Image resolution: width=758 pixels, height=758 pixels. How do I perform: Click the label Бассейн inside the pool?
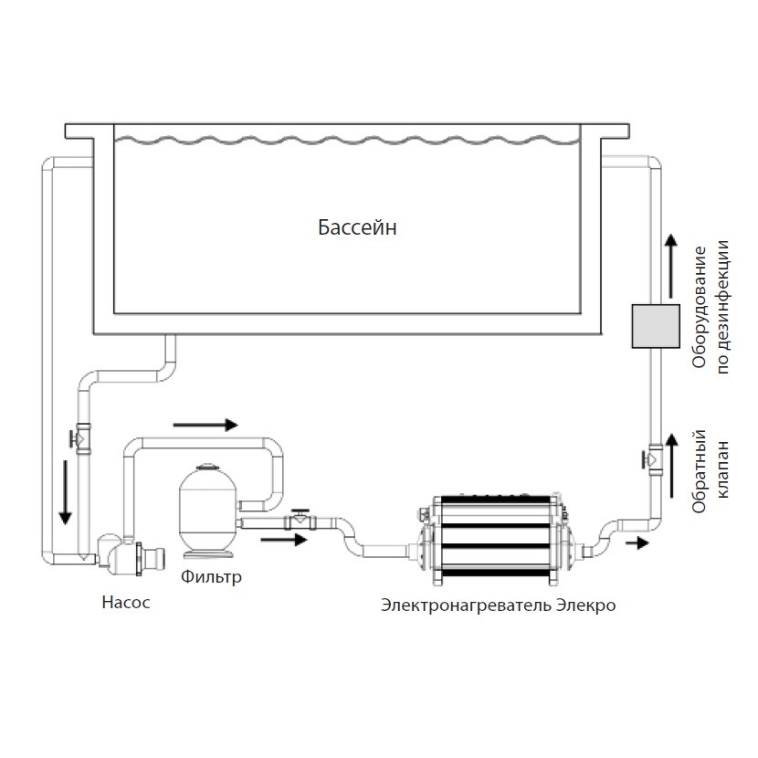tap(357, 227)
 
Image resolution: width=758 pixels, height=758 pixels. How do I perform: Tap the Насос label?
tap(125, 603)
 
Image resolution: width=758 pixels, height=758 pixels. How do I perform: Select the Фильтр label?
tap(212, 576)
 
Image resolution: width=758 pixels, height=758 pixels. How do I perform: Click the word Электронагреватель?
tap(466, 605)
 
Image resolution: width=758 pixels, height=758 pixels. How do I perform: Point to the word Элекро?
tap(585, 605)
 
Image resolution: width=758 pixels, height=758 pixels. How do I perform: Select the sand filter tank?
tap(209, 511)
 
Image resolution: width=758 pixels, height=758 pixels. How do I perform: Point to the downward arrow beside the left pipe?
tap(65, 492)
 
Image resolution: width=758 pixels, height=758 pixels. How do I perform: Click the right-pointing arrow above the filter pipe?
tap(205, 425)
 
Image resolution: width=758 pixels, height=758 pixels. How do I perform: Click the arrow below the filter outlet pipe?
tap(282, 539)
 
